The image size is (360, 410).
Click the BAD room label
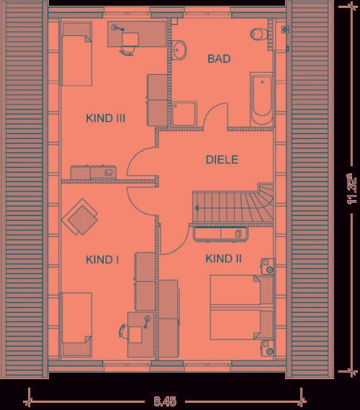(219, 58)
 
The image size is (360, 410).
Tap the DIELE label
(222, 160)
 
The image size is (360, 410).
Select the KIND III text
(106, 118)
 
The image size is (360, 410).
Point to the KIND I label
(102, 260)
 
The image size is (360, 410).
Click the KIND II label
(223, 259)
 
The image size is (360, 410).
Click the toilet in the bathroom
(258, 34)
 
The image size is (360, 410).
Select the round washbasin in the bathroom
(179, 50)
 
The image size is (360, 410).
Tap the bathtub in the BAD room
(261, 99)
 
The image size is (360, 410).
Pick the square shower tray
(184, 114)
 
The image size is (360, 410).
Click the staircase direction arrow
(197, 208)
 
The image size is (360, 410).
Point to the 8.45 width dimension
(165, 401)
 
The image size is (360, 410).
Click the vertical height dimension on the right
(351, 188)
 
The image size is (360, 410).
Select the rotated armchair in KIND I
(80, 217)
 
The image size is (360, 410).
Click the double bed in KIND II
(242, 307)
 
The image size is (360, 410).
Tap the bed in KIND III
(77, 54)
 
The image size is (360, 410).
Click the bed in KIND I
(77, 324)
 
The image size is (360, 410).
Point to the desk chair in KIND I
(123, 331)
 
